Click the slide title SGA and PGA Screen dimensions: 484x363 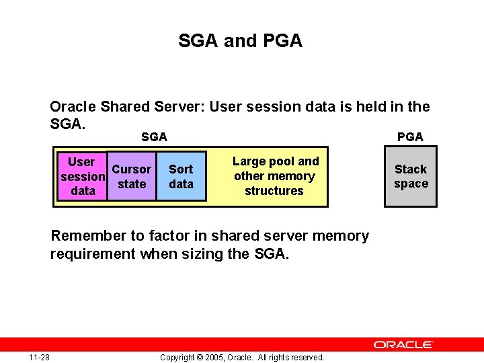click(241, 41)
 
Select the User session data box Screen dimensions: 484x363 click(82, 176)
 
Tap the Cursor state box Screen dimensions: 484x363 click(132, 176)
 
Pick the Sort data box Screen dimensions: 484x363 click(180, 176)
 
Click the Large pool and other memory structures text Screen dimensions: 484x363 click(275, 176)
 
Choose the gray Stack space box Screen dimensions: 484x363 click(411, 176)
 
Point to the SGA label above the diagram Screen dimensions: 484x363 click(154, 137)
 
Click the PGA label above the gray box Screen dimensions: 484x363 click(410, 137)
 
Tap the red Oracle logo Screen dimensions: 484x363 click(403, 344)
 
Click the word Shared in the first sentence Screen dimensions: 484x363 click(124, 107)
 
